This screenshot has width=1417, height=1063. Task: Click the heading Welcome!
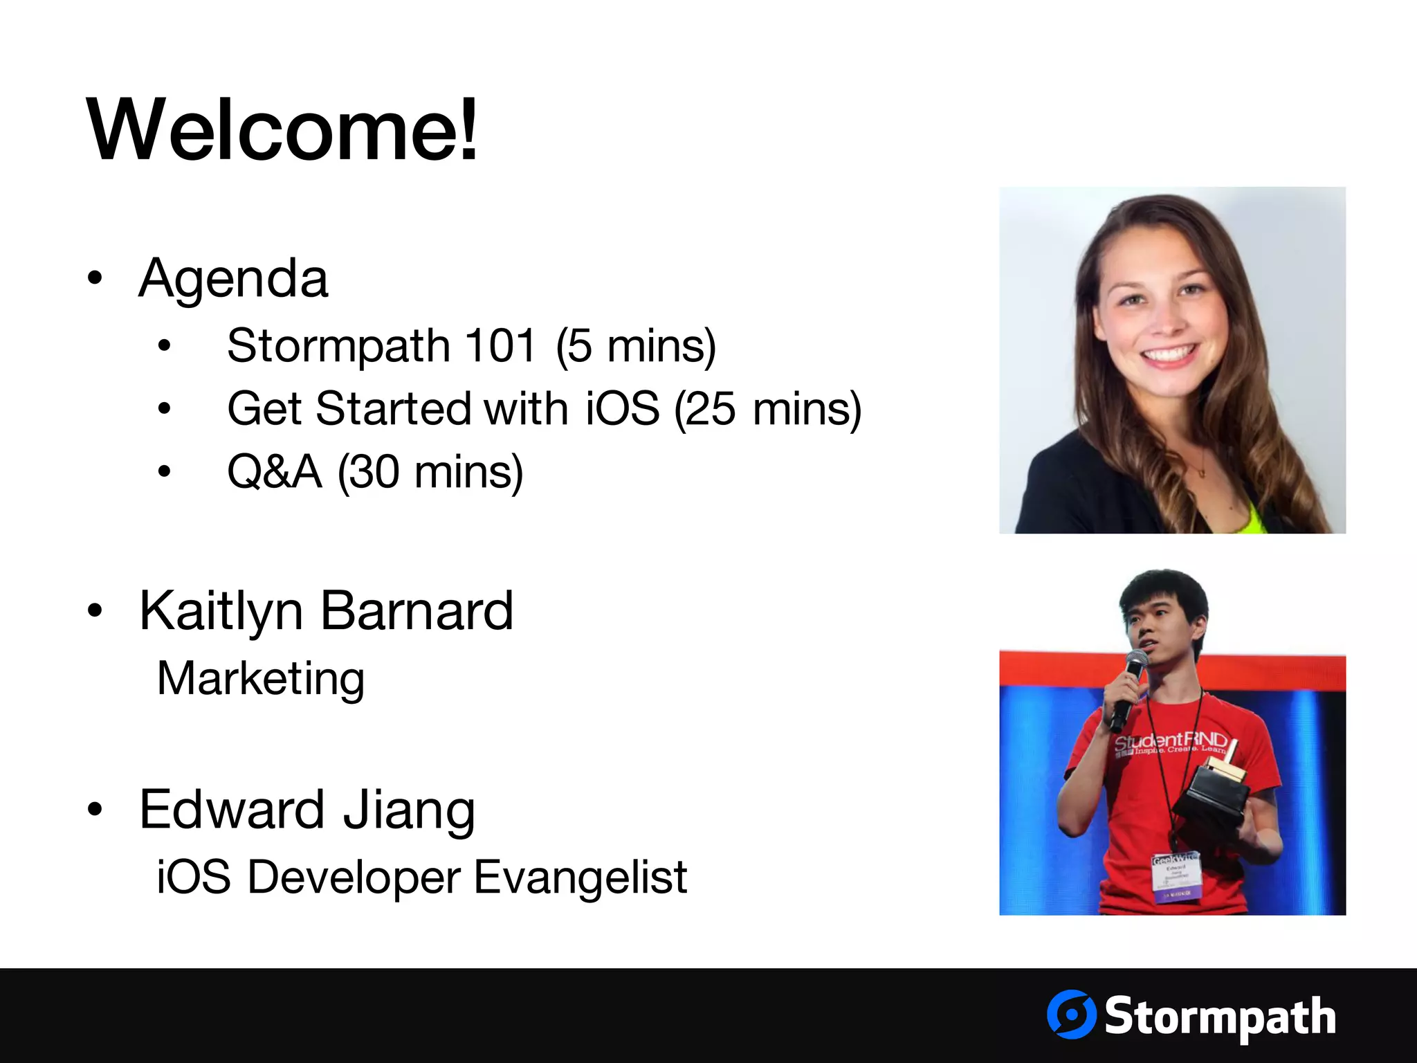[282, 130]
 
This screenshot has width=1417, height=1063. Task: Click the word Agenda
[233, 278]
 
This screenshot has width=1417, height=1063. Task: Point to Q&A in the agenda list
[275, 472]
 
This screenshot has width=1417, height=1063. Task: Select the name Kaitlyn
[221, 612]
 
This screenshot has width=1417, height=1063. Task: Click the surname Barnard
[417, 611]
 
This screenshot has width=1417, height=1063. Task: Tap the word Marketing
[261, 678]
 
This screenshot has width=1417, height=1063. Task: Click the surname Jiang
[410, 810]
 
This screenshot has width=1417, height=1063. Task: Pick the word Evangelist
[580, 878]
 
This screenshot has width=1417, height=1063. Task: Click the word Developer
[354, 878]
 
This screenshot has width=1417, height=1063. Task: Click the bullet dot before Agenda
[95, 278]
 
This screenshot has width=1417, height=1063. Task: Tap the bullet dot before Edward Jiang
[95, 809]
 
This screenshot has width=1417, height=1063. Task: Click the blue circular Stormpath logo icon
[1071, 1015]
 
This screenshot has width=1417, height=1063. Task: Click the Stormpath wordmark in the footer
[1219, 1016]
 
